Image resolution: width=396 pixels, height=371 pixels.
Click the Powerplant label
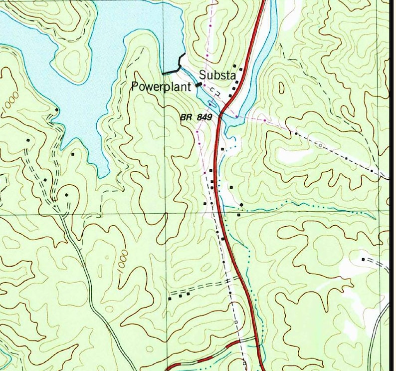point(162,86)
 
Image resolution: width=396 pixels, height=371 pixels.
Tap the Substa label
point(217,75)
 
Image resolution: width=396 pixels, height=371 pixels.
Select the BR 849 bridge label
point(197,117)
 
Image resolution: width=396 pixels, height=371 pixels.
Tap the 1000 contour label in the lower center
point(123,260)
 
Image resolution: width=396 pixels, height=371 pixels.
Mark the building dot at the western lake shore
point(57,109)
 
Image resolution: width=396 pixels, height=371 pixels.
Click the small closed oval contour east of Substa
point(282,88)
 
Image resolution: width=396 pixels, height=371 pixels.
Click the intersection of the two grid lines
point(166,214)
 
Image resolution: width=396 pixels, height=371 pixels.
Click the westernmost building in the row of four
point(170,298)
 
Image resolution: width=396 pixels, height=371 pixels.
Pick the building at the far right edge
point(363,259)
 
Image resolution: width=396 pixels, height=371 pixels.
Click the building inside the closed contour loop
point(66,194)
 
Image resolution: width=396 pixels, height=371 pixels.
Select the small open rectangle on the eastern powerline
point(321,145)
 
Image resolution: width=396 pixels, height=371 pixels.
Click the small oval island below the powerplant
point(212,103)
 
